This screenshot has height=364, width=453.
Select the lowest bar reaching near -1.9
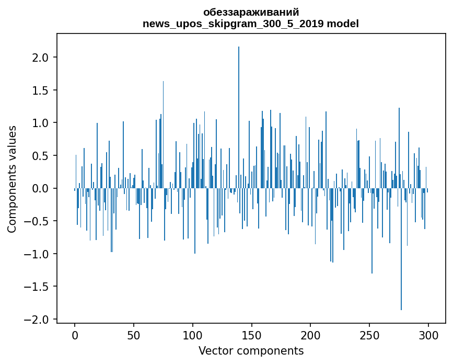pyautogui.click(x=401, y=251)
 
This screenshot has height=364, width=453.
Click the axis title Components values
pyautogui.click(x=12, y=179)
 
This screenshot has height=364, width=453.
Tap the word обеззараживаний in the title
pyautogui.click(x=251, y=13)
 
